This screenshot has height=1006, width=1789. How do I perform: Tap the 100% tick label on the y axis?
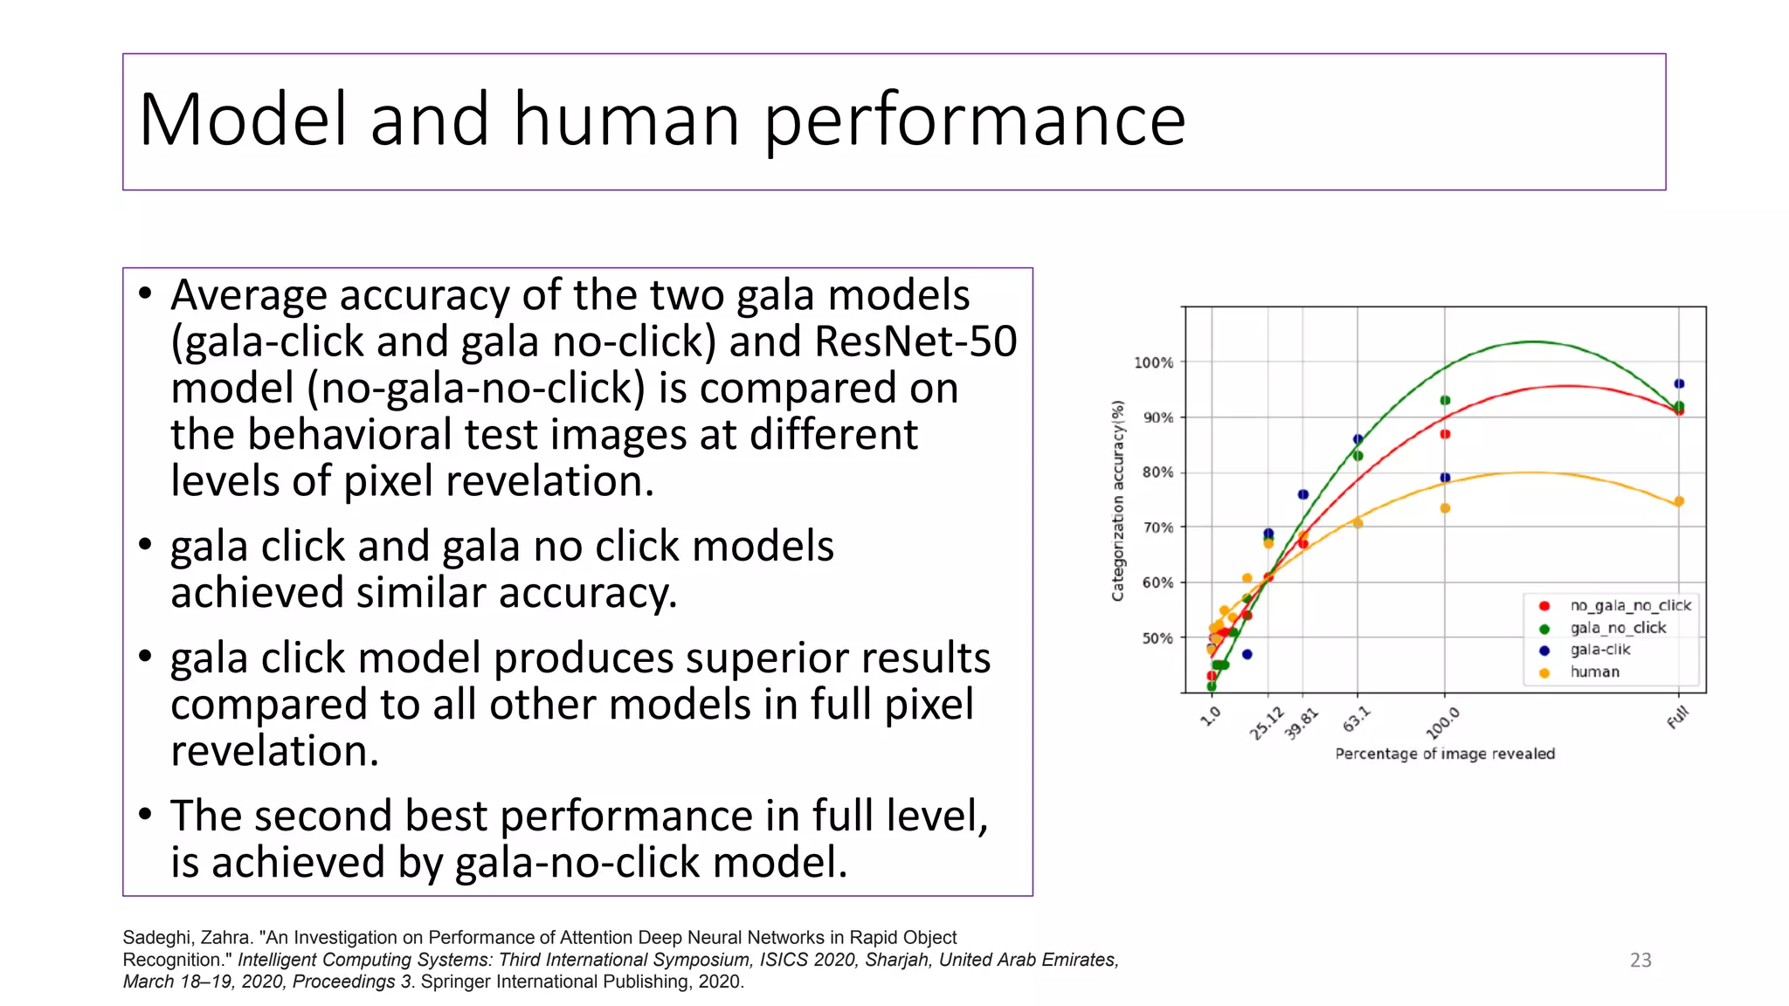[1153, 362]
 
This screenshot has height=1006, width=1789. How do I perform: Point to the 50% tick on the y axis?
[1157, 638]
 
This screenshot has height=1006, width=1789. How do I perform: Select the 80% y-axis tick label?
[1157, 472]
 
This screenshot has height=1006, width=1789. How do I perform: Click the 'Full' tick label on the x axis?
[1677, 718]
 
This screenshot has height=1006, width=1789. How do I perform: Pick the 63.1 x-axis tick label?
[1356, 720]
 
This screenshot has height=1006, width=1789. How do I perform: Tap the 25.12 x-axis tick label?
[1266, 724]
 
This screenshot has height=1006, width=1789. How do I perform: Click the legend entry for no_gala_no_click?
[1630, 605]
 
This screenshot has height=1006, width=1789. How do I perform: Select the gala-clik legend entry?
[1599, 650]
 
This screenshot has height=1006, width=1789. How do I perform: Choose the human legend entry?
[1594, 672]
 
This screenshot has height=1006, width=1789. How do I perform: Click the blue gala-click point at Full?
[1679, 383]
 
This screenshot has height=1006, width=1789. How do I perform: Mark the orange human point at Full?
[1679, 501]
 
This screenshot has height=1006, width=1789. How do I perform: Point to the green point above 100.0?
[1445, 400]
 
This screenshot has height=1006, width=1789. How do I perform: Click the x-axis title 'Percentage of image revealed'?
[1445, 754]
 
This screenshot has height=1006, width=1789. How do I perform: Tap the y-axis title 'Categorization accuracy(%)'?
[1117, 500]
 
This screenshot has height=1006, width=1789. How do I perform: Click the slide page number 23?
[1640, 960]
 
